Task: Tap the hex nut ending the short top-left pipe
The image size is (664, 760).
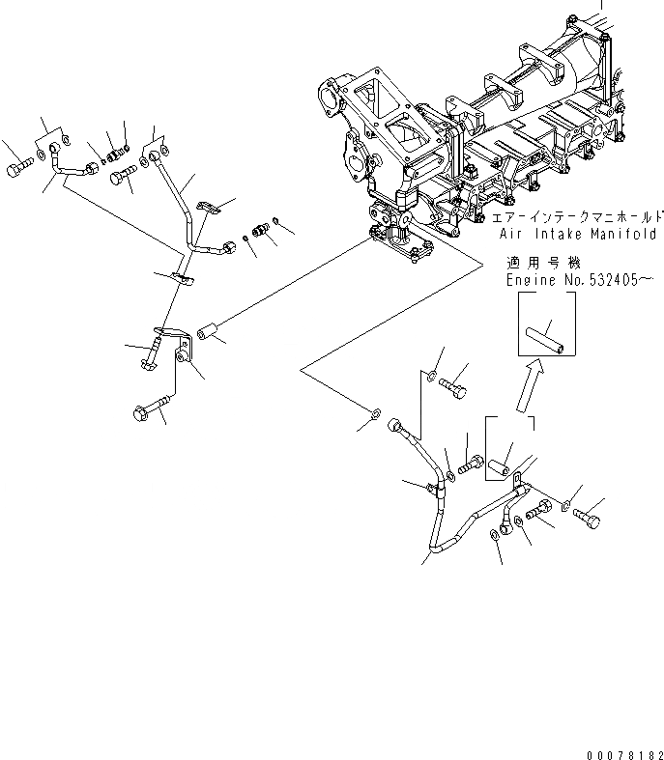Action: (x=93, y=170)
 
